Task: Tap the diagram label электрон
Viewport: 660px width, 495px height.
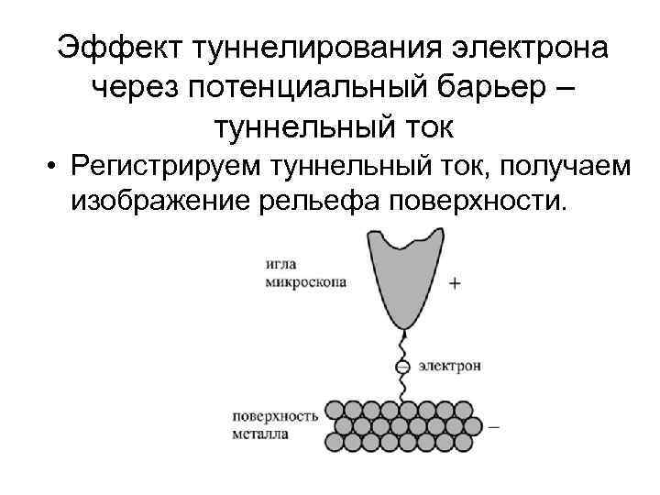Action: pos(451,366)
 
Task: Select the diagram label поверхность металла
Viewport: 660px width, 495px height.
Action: pos(275,423)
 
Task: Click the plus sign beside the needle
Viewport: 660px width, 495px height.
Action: pos(455,283)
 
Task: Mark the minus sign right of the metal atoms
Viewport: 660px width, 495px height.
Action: pos(494,425)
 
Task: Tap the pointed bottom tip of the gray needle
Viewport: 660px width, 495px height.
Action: pos(400,327)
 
